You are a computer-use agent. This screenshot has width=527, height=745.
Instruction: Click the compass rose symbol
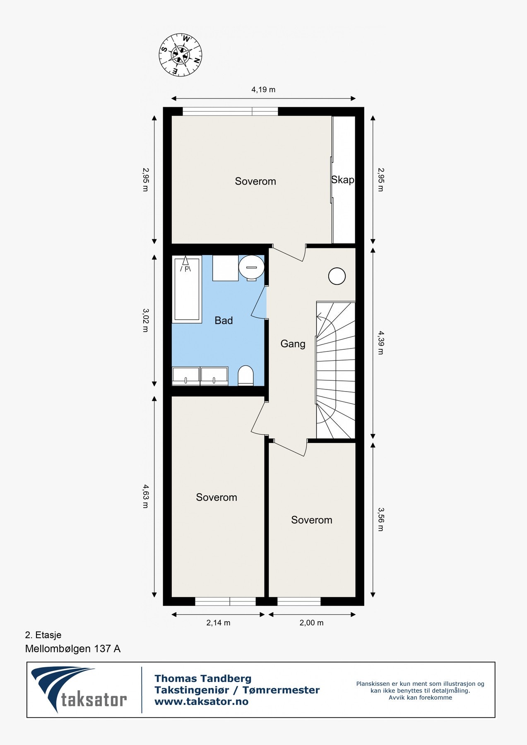click(x=180, y=55)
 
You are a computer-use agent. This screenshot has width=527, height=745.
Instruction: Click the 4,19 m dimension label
click(x=263, y=89)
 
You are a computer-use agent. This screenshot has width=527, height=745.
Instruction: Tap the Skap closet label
click(x=343, y=180)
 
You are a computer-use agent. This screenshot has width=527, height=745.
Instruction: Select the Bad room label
click(x=224, y=320)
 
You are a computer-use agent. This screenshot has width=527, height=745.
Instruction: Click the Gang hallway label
click(x=293, y=344)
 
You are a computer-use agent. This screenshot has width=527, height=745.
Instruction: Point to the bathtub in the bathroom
click(x=187, y=290)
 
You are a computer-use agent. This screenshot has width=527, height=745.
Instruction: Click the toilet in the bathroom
click(x=245, y=375)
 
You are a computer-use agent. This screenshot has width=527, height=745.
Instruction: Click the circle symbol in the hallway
click(x=337, y=276)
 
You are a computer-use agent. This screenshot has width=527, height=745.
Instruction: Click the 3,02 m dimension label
click(x=145, y=320)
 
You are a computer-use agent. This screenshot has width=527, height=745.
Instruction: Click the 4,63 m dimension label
click(x=145, y=496)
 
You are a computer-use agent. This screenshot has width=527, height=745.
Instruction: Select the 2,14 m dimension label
click(x=218, y=623)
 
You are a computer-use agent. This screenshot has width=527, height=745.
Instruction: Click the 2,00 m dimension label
click(x=311, y=623)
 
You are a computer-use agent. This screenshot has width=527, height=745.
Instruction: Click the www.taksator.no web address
click(x=201, y=702)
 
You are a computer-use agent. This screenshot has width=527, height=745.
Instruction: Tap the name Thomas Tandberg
click(x=203, y=678)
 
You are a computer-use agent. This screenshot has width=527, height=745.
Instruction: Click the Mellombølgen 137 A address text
click(x=73, y=649)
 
